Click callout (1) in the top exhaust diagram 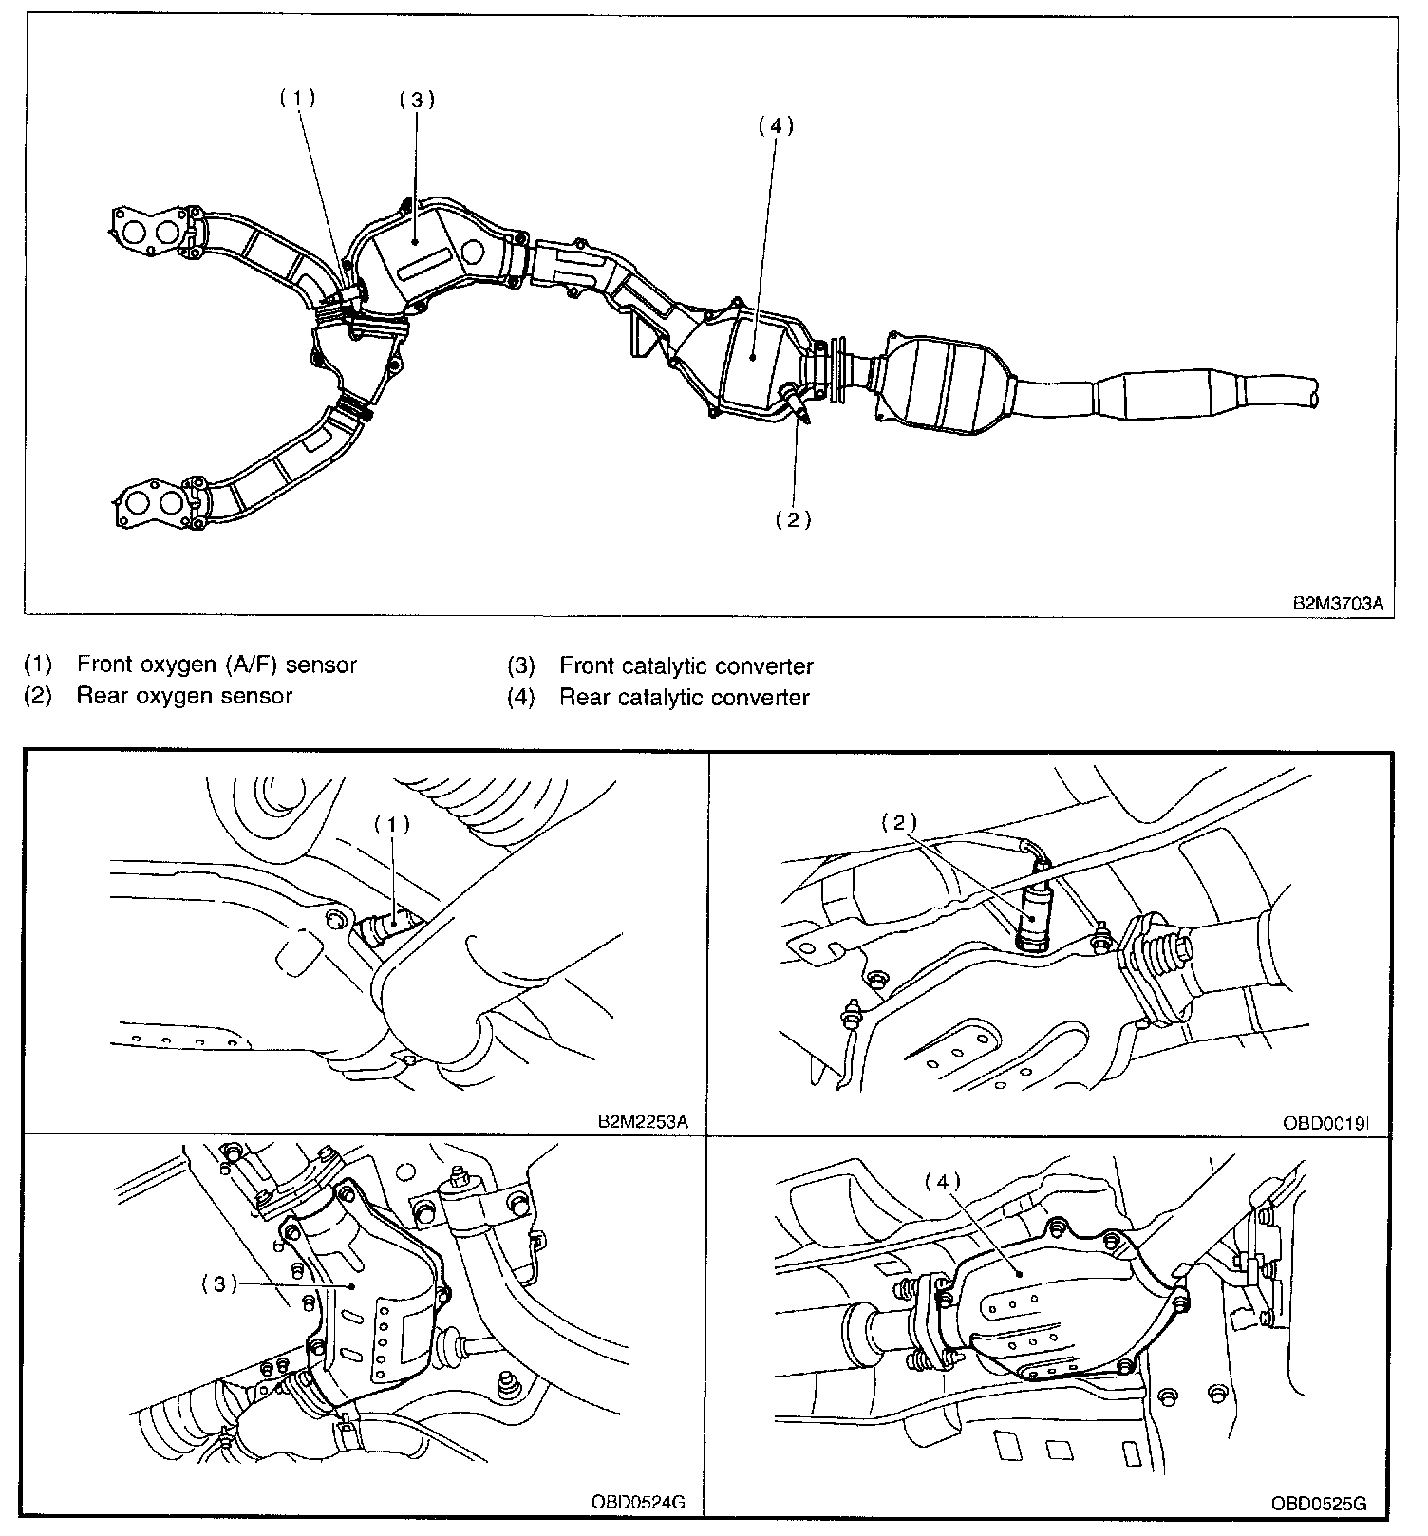point(296,97)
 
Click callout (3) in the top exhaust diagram point(416,100)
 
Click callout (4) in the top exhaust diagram point(775,125)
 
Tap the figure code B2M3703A point(1338,603)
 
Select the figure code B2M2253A point(642,1121)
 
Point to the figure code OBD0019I point(1325,1122)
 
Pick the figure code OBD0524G point(637,1504)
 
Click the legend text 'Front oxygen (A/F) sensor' point(216,665)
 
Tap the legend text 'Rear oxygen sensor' point(184,696)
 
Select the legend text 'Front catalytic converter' point(686,665)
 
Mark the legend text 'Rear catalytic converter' point(684,698)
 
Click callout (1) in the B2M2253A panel point(390,824)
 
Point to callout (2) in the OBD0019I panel point(898,822)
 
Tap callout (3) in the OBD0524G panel point(218,1283)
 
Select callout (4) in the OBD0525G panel point(942,1182)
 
